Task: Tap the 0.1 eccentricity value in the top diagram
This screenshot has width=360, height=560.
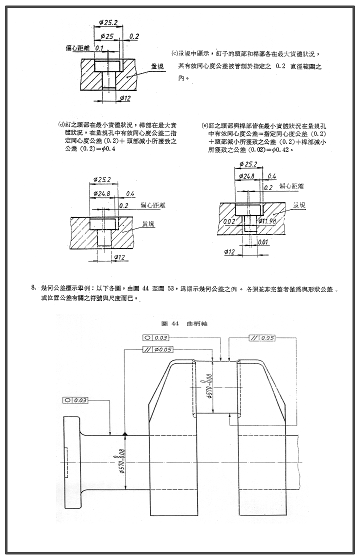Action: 99,48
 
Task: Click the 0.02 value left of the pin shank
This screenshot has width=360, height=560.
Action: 229,220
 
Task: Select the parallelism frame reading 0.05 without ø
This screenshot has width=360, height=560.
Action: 262,338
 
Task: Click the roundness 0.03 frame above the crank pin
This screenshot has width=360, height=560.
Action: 155,338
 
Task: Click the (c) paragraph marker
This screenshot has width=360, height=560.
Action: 174,53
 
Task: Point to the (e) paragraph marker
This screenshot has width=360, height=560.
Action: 204,125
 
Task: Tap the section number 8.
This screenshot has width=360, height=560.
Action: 33,287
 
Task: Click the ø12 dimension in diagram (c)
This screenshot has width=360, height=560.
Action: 125,98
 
